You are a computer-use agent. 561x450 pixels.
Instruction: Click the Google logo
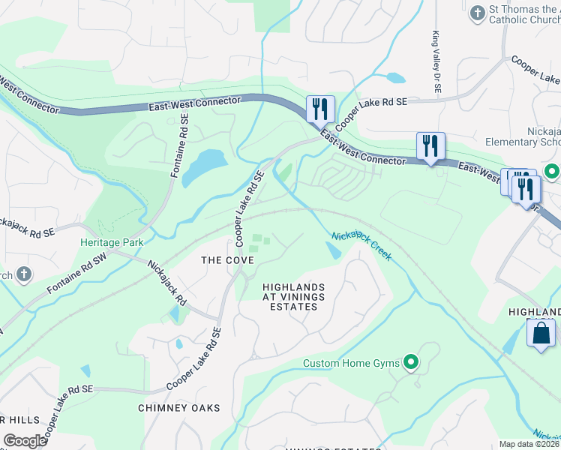pos(25,441)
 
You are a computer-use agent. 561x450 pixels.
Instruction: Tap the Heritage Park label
pos(112,242)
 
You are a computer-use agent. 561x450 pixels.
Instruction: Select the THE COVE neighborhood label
pos(228,260)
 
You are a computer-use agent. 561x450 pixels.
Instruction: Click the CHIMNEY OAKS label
pos(179,408)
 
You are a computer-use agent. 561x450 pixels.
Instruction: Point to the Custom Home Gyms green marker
pos(411,363)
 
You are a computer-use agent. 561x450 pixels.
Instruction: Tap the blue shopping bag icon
pos(541,333)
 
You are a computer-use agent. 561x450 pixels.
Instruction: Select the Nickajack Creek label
pos(362,246)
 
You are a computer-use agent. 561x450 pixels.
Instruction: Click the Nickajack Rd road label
pos(166,282)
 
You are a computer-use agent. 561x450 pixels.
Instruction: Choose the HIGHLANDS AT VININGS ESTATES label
pos(294,297)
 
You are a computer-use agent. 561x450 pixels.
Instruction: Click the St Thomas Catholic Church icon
pos(478,13)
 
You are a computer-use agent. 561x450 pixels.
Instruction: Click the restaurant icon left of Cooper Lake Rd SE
pos(320,109)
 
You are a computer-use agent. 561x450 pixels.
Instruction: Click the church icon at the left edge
pos(23,274)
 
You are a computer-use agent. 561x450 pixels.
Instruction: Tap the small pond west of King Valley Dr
pos(394,77)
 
